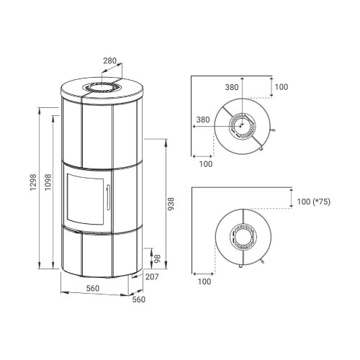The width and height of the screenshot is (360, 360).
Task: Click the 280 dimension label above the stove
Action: pos(109,61)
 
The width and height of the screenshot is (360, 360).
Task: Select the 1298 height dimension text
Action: pos(33,182)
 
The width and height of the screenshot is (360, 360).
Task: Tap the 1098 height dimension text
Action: pos(48,182)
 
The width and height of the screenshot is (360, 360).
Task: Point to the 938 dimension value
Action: pos(171,204)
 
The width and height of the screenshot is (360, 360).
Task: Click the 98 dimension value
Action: pos(157,259)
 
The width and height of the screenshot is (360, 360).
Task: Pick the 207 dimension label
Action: pos(152,276)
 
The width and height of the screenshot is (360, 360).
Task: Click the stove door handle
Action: pos(108,197)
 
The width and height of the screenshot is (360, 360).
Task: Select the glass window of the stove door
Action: pos(85,199)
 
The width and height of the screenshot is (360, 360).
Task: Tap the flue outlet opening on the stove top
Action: pos(102,86)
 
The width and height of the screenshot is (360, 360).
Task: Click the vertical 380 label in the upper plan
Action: pos(232,87)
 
